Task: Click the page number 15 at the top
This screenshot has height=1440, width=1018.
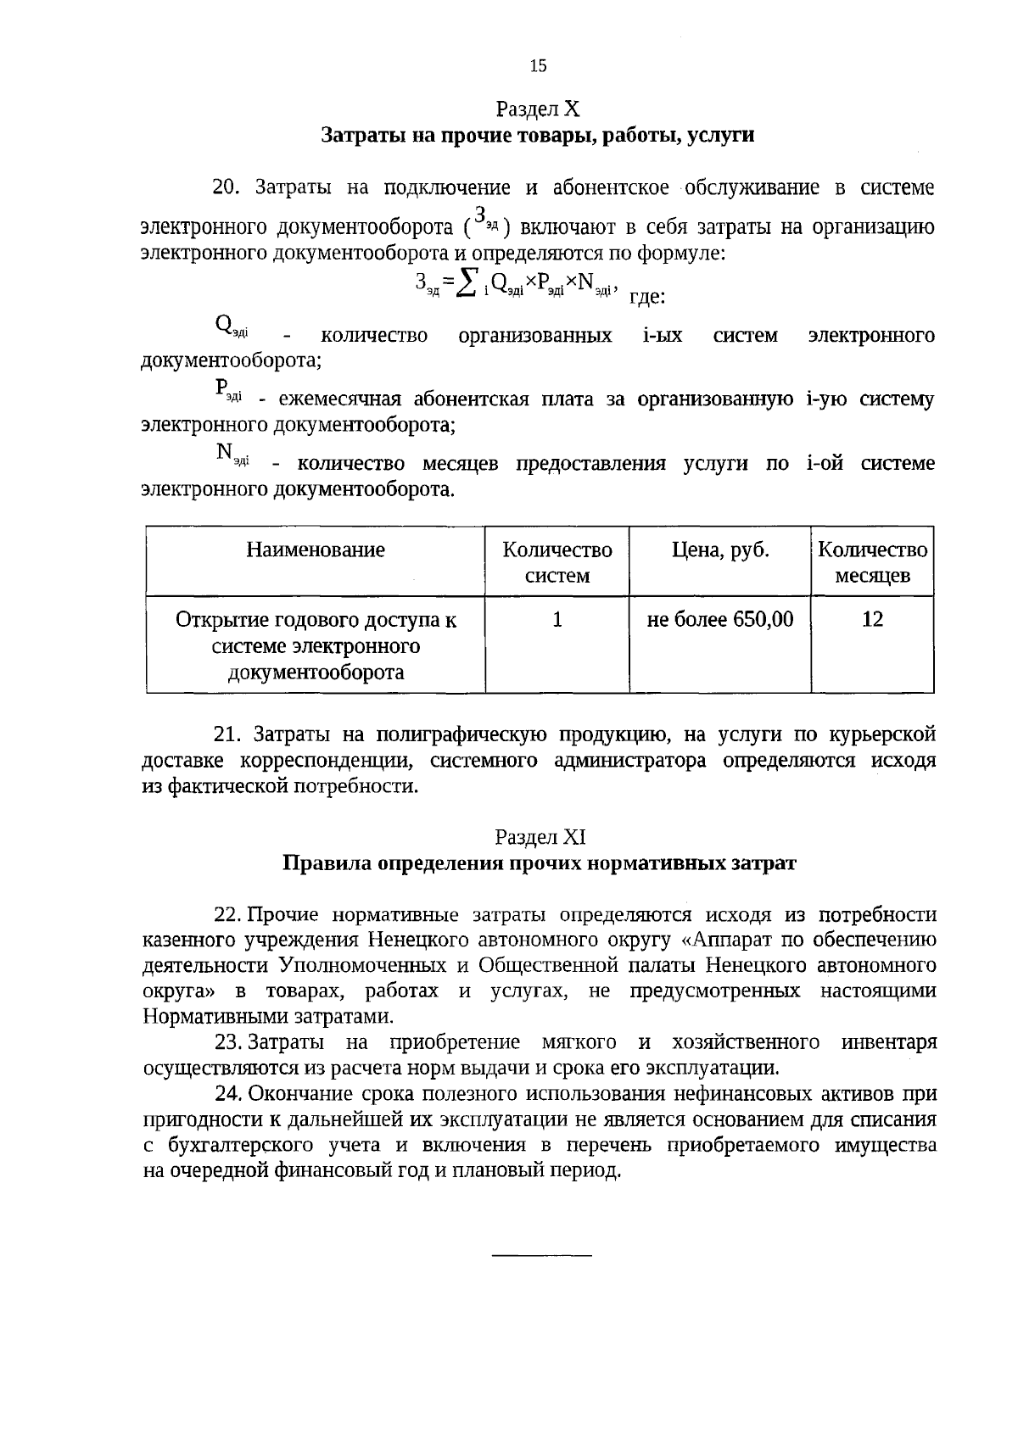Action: [x=538, y=66]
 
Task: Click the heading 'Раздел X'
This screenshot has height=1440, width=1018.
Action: [x=538, y=109]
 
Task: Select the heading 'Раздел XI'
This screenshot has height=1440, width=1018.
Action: [x=540, y=837]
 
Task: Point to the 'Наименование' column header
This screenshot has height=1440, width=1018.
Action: [x=316, y=550]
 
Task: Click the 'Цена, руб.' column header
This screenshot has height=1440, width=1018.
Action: [x=720, y=550]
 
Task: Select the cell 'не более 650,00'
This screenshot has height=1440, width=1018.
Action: [x=720, y=620]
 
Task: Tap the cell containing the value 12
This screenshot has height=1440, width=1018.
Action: [x=872, y=620]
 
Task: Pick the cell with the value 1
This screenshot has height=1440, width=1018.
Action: [x=557, y=620]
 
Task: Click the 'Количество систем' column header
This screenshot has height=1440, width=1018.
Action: [x=557, y=562]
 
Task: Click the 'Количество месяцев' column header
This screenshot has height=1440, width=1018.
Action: [x=872, y=562]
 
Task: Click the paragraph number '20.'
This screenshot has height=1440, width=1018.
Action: [x=228, y=187]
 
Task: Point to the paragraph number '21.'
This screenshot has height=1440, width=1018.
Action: [x=228, y=734]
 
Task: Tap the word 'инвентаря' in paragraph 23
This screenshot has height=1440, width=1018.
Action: [x=889, y=1042]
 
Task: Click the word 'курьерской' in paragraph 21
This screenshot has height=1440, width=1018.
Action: [x=887, y=734]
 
